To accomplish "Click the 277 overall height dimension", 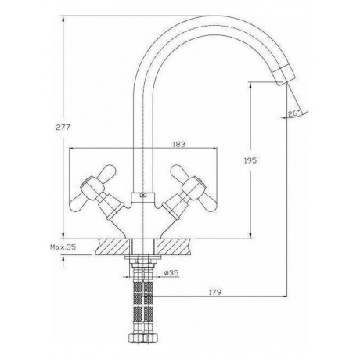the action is [x=63, y=128].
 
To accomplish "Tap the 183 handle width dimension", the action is [x=179, y=144].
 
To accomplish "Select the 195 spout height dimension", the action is [x=250, y=160].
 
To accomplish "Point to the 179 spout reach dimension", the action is [x=215, y=292].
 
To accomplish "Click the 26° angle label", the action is [x=294, y=113].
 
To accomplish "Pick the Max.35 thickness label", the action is [x=63, y=247].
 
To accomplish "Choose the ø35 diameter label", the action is [x=171, y=273].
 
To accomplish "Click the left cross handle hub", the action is [x=90, y=185].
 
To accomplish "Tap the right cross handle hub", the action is [x=193, y=185].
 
